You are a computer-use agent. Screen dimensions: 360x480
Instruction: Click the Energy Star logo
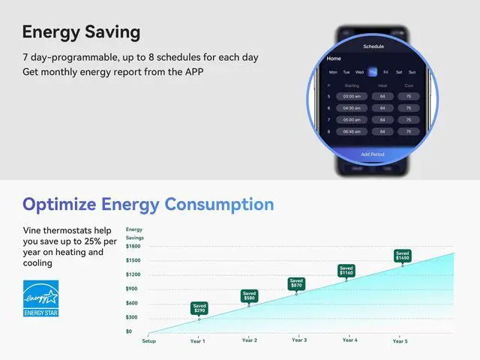(40, 298)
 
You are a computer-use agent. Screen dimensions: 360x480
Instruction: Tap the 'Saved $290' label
(199, 308)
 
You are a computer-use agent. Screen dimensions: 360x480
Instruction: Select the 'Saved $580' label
(249, 295)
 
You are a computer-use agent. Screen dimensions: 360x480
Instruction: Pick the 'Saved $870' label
(297, 283)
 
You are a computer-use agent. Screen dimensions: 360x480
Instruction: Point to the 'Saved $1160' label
(346, 270)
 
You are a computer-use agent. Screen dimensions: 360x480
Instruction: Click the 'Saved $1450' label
(403, 256)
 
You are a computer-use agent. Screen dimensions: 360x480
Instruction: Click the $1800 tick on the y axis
(133, 246)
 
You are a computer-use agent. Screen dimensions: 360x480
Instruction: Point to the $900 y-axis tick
(132, 289)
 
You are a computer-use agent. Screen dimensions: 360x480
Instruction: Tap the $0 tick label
(129, 331)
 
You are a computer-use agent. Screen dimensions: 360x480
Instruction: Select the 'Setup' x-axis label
(149, 341)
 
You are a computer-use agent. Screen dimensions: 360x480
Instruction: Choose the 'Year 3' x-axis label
(299, 340)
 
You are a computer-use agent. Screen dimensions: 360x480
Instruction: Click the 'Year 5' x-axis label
(400, 341)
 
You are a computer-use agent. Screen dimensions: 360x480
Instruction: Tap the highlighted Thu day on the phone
(373, 72)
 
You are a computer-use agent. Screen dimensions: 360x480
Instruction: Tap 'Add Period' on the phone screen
(373, 154)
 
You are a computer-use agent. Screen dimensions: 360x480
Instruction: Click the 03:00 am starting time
(352, 96)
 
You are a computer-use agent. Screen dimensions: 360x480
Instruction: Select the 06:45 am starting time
(352, 131)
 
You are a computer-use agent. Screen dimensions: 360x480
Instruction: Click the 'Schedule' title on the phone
(373, 46)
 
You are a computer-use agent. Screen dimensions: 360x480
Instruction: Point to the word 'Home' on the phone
(334, 58)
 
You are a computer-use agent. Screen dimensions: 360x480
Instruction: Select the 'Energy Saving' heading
(81, 32)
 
